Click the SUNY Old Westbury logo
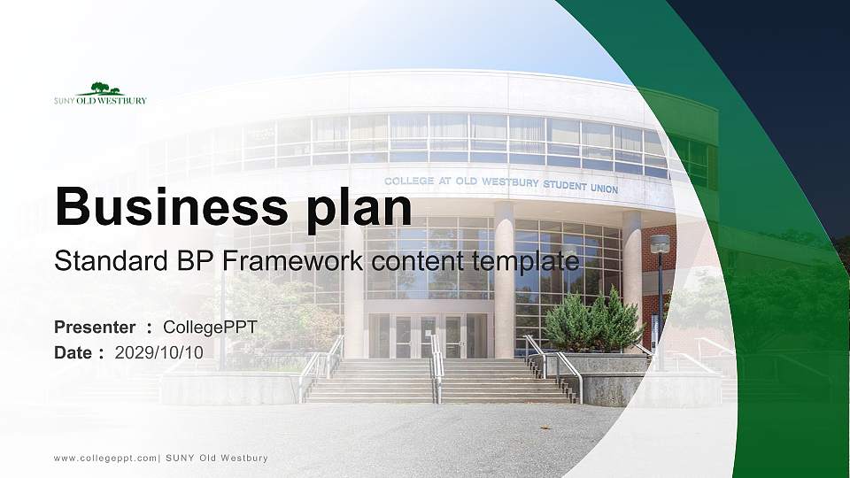tap(100, 95)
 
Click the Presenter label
tap(94, 328)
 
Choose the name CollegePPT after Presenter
tap(211, 328)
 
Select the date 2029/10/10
tap(159, 352)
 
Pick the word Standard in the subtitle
tap(97, 261)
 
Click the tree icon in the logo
tap(99, 89)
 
